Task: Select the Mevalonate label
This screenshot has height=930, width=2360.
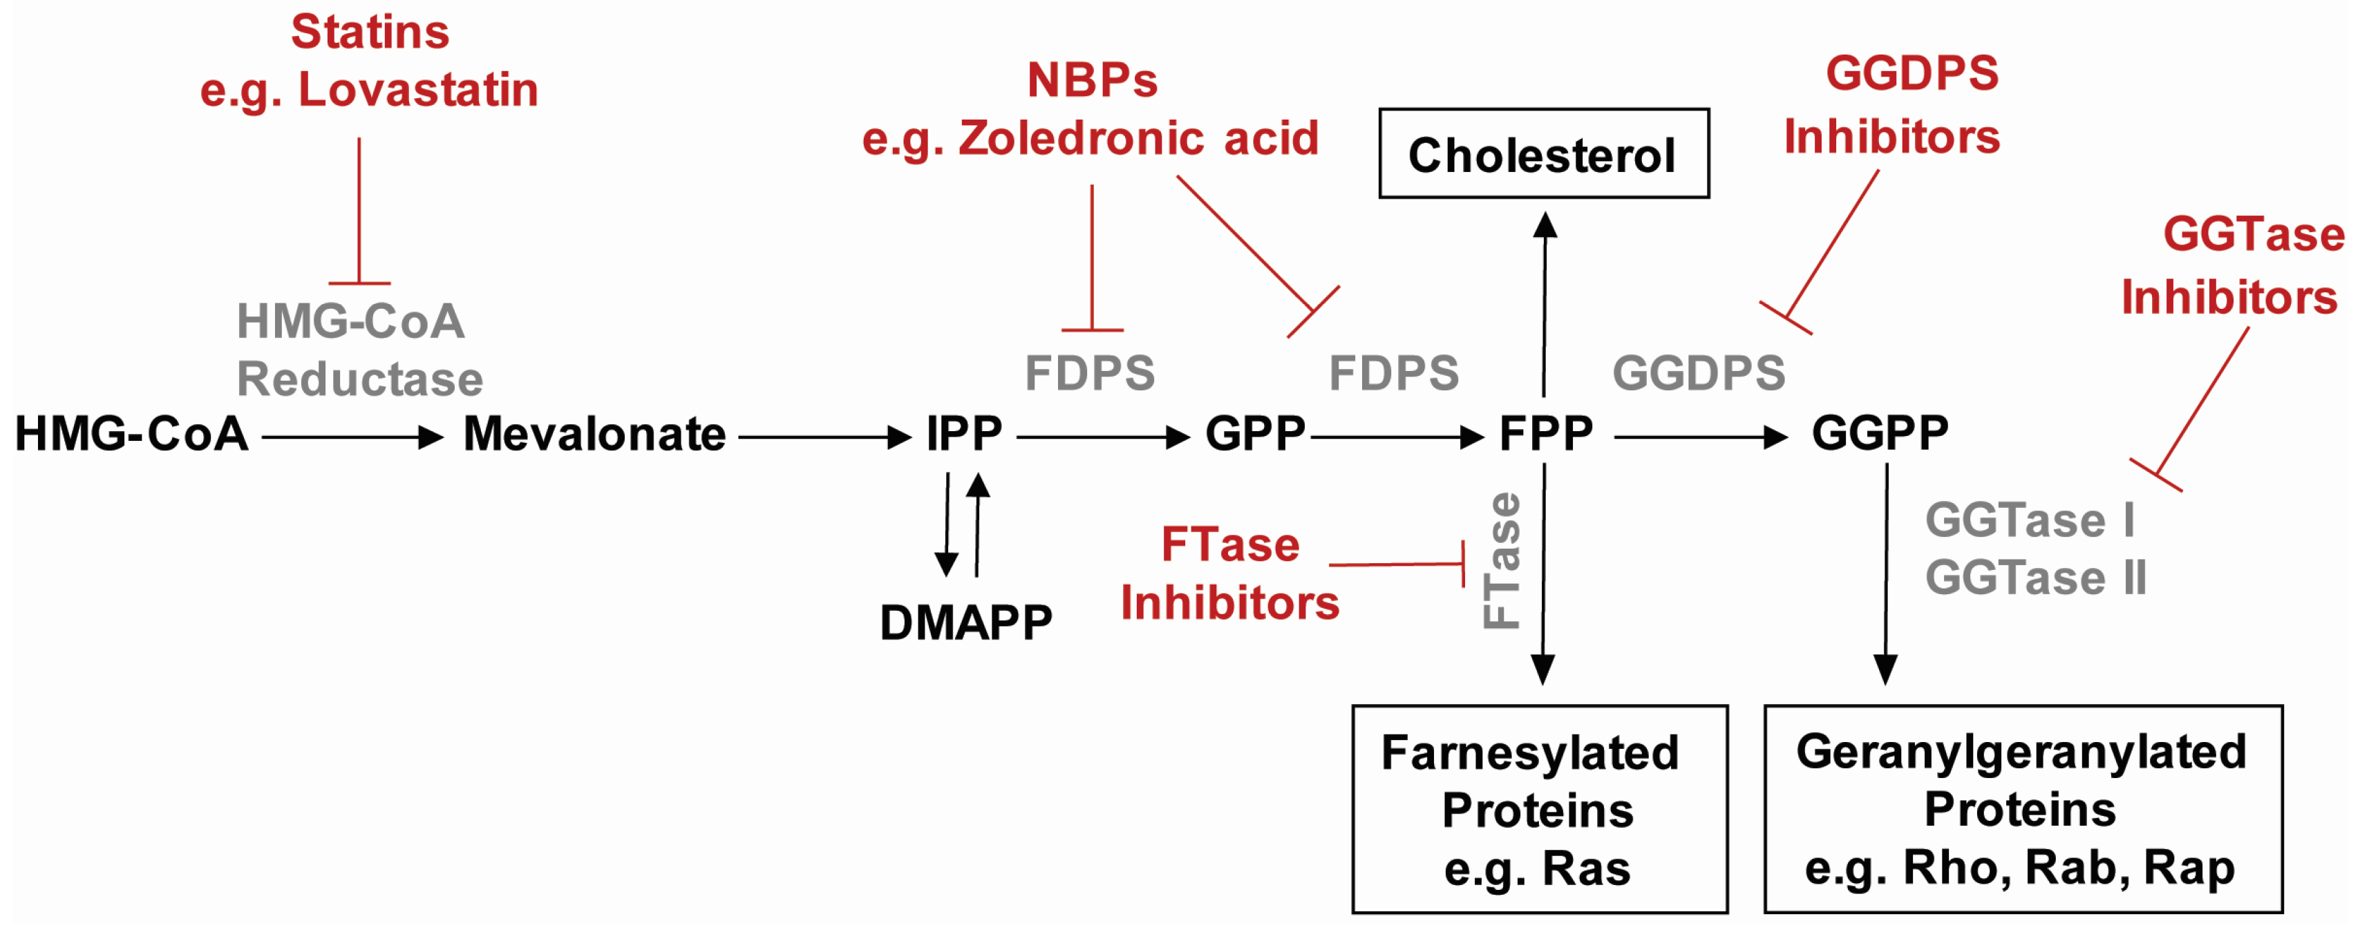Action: (x=594, y=435)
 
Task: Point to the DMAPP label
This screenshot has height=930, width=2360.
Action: (x=965, y=623)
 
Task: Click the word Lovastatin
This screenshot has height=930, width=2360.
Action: (x=418, y=90)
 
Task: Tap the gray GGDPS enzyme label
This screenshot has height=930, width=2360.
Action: (x=1698, y=374)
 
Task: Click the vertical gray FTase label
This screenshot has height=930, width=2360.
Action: (x=1502, y=561)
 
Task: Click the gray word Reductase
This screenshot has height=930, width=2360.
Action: (x=359, y=379)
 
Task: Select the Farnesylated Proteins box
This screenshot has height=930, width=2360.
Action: (x=1539, y=808)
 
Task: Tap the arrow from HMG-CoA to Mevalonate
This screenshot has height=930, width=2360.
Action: (x=352, y=437)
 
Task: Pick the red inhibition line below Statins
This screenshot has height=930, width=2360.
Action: (x=359, y=211)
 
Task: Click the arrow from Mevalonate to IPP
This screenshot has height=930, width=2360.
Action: (x=822, y=437)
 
